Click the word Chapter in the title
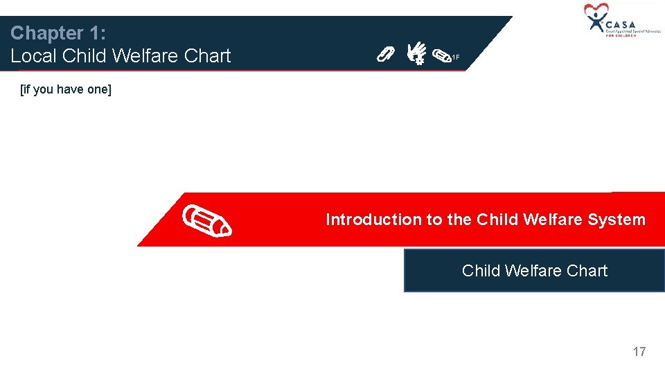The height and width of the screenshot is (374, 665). (x=44, y=33)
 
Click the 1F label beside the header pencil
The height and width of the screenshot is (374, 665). (x=456, y=57)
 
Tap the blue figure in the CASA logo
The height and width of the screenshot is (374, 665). (x=595, y=22)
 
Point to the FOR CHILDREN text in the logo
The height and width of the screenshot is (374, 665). (x=621, y=35)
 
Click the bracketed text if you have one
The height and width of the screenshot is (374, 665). (x=66, y=89)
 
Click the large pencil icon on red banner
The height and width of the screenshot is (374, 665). (x=207, y=220)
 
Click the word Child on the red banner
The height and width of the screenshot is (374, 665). (x=497, y=220)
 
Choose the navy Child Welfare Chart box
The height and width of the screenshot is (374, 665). (x=534, y=271)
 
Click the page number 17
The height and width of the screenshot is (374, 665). (x=639, y=352)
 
